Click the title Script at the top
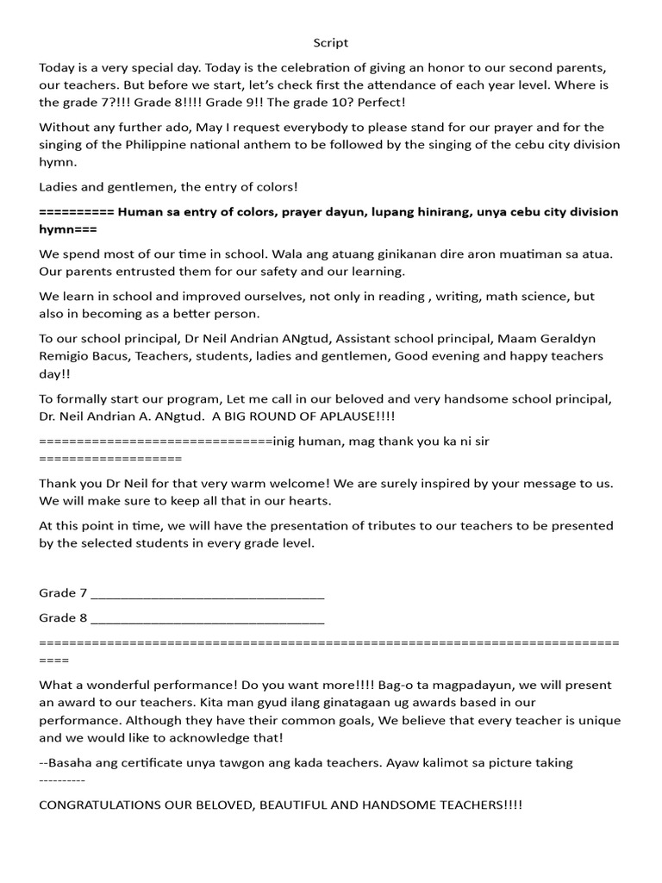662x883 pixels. tap(331, 42)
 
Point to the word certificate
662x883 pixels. tap(152, 763)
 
